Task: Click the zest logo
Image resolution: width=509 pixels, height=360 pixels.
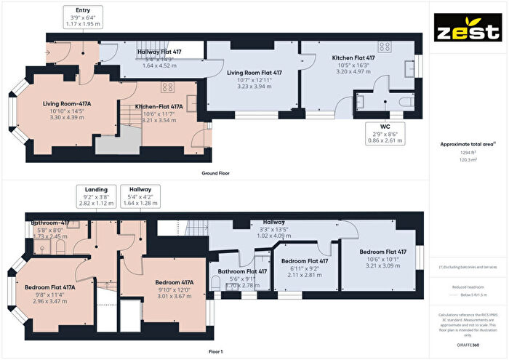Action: (468, 32)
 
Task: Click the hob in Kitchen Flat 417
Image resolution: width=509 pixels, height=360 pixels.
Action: (384, 47)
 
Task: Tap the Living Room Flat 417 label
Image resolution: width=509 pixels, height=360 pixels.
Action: (253, 73)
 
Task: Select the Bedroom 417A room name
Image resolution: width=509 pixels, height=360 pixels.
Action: (174, 282)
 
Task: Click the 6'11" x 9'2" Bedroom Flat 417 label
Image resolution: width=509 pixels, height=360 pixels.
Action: (306, 260)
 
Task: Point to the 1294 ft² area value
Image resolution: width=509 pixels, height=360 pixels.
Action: (468, 153)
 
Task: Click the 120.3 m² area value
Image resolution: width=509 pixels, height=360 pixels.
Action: (468, 160)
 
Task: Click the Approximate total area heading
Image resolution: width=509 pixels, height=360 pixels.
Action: (468, 144)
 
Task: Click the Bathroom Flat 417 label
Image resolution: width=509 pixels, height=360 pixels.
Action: (243, 271)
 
